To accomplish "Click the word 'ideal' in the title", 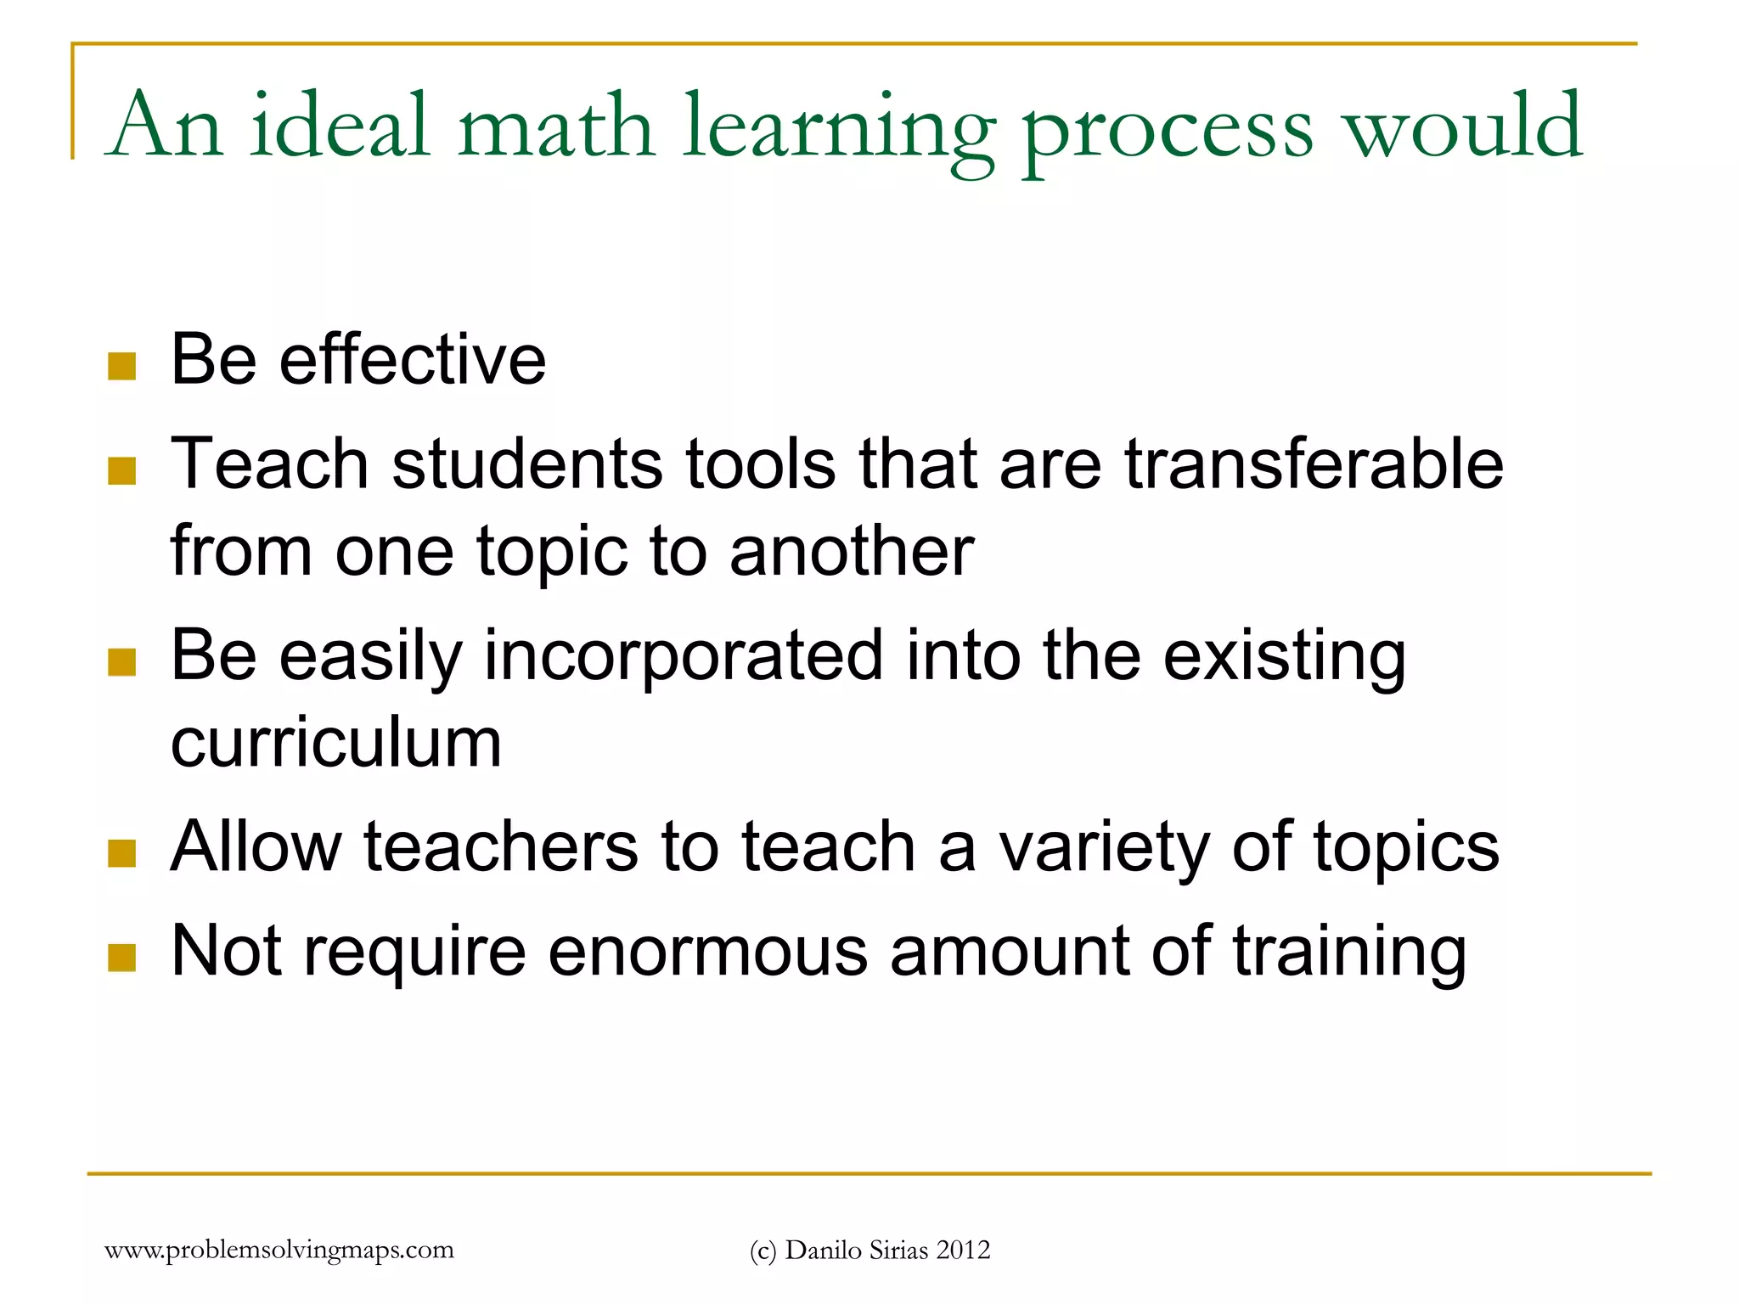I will click(x=340, y=127).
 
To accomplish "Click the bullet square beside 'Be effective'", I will click(x=122, y=367).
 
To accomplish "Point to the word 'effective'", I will click(x=413, y=360).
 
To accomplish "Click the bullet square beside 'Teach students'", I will click(x=122, y=471).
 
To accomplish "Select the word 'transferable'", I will click(x=1314, y=464).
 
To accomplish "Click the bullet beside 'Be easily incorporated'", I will click(x=122, y=662).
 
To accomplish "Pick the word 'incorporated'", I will click(x=683, y=658).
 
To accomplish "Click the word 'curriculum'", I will click(x=336, y=743).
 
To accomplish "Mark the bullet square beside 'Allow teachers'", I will click(x=122, y=853).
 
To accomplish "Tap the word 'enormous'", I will click(x=707, y=953).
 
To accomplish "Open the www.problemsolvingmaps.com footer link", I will click(x=279, y=1251).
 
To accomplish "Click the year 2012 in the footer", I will click(x=963, y=1251).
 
